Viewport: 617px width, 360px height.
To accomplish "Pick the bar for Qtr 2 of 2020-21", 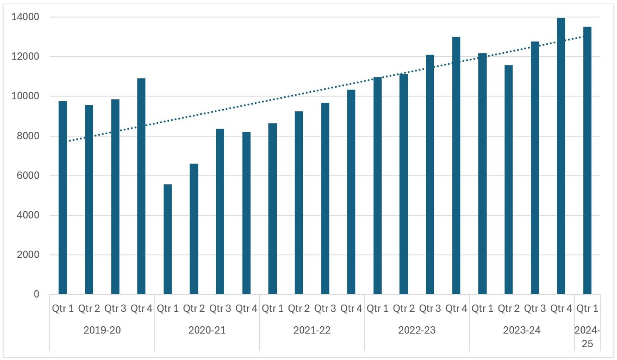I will pos(194,229).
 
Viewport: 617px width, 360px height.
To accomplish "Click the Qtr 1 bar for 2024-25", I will pos(587,160).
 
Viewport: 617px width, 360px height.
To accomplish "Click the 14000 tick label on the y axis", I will pos(25,17).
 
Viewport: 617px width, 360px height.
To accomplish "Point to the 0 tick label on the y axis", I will pos(37,294).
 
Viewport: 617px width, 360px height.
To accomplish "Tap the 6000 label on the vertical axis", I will pos(28,176).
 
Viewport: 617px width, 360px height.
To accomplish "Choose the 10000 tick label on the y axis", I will pos(25,96).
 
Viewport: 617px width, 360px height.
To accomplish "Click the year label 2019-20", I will pos(102,330).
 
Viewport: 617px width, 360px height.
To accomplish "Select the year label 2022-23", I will pos(417,330).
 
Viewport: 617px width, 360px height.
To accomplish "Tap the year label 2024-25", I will pos(587,337).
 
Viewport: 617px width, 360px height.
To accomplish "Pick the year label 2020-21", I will pos(207,330).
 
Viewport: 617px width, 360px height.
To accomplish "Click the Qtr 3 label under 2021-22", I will pos(325,309).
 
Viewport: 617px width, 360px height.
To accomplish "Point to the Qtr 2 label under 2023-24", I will pos(509,309).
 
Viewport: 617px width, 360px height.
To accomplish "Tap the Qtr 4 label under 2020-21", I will pos(246,309).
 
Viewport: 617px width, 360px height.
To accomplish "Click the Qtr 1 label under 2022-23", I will pos(377,309).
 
